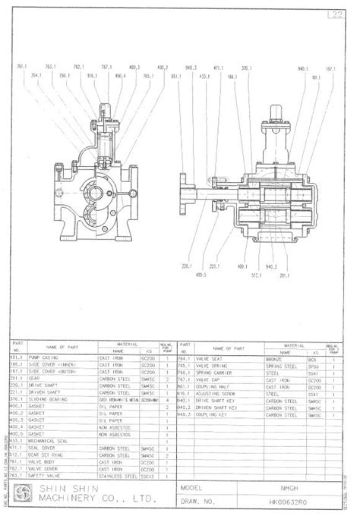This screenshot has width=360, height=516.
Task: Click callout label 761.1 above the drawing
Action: click(22, 68)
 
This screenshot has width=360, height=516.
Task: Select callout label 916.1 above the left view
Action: click(92, 77)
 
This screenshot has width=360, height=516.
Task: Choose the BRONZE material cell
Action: click(274, 357)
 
